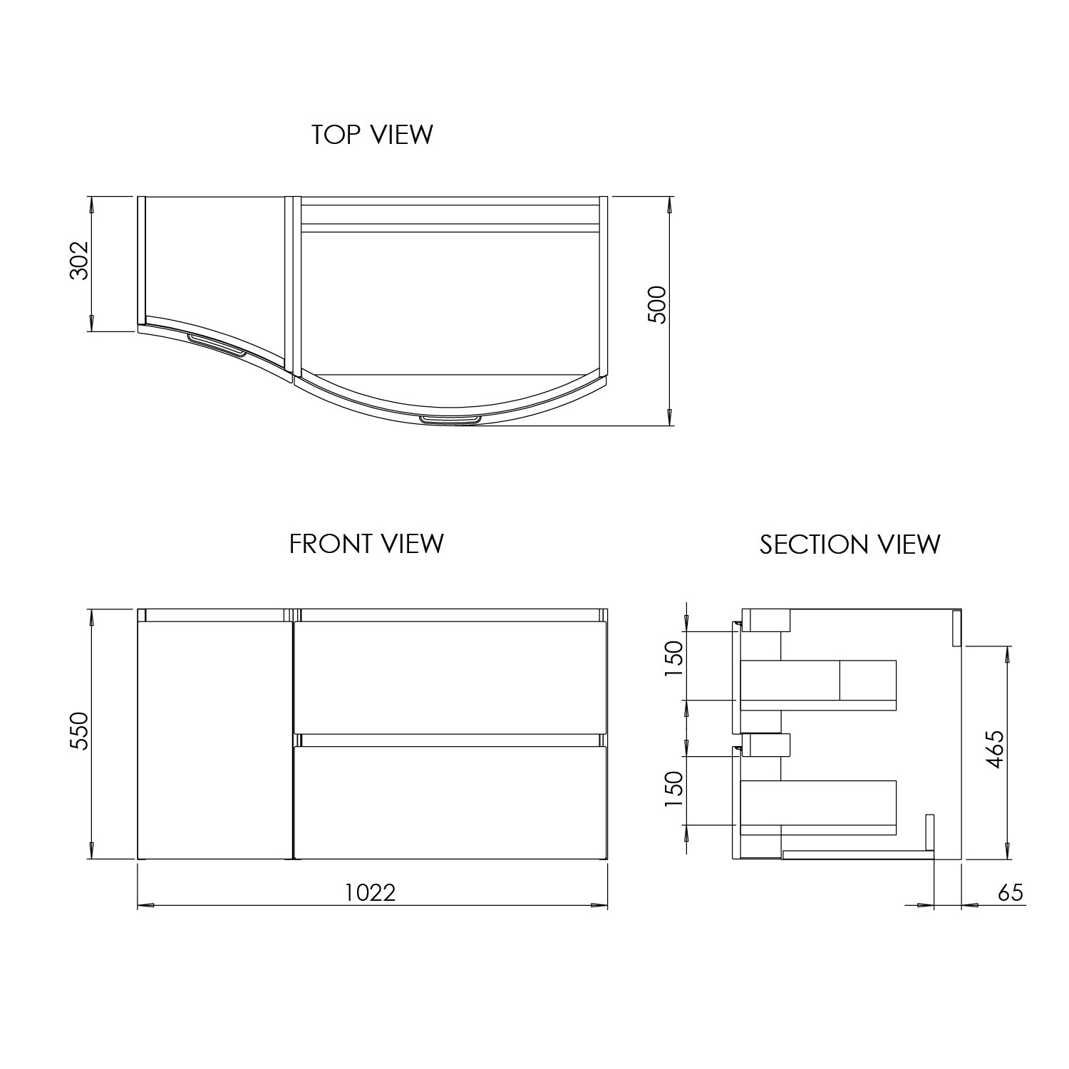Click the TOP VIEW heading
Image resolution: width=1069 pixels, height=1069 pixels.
click(x=372, y=135)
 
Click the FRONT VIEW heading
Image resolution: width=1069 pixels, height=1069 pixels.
click(x=366, y=544)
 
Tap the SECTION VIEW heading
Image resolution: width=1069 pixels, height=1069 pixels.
click(x=849, y=544)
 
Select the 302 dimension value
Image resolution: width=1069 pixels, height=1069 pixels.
click(x=79, y=261)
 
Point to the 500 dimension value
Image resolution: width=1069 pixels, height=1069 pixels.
click(x=656, y=305)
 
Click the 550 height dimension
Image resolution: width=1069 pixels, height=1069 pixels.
click(x=79, y=730)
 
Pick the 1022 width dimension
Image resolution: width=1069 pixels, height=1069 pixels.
click(x=370, y=892)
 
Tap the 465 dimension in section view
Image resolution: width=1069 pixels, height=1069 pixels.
click(x=995, y=749)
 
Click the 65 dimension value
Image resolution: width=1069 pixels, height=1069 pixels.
click(x=1010, y=892)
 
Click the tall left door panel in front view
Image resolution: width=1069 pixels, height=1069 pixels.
click(x=215, y=741)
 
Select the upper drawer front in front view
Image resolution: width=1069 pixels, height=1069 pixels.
click(x=450, y=677)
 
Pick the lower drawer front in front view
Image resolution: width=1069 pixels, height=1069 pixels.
click(x=450, y=802)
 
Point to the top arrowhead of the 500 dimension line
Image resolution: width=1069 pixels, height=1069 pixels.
click(x=669, y=204)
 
